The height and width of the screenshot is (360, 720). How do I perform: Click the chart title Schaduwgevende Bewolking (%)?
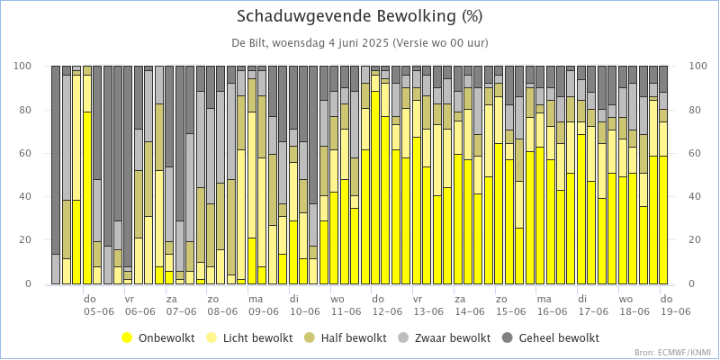click(x=359, y=16)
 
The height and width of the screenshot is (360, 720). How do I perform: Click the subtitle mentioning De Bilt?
click(x=359, y=43)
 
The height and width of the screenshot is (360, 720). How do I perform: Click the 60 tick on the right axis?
click(x=696, y=154)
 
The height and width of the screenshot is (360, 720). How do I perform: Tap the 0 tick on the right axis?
click(x=692, y=284)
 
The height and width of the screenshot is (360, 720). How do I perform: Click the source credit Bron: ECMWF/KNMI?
click(x=672, y=353)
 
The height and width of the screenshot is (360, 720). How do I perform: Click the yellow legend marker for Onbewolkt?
click(x=128, y=338)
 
